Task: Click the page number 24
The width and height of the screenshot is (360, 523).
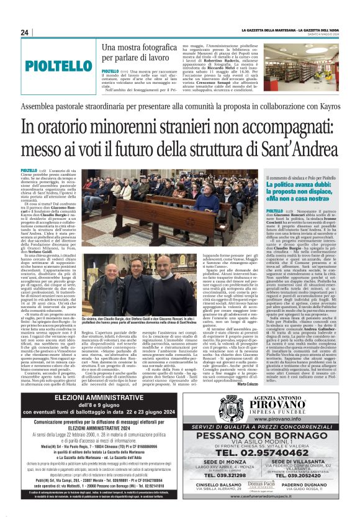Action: pos(25,33)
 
